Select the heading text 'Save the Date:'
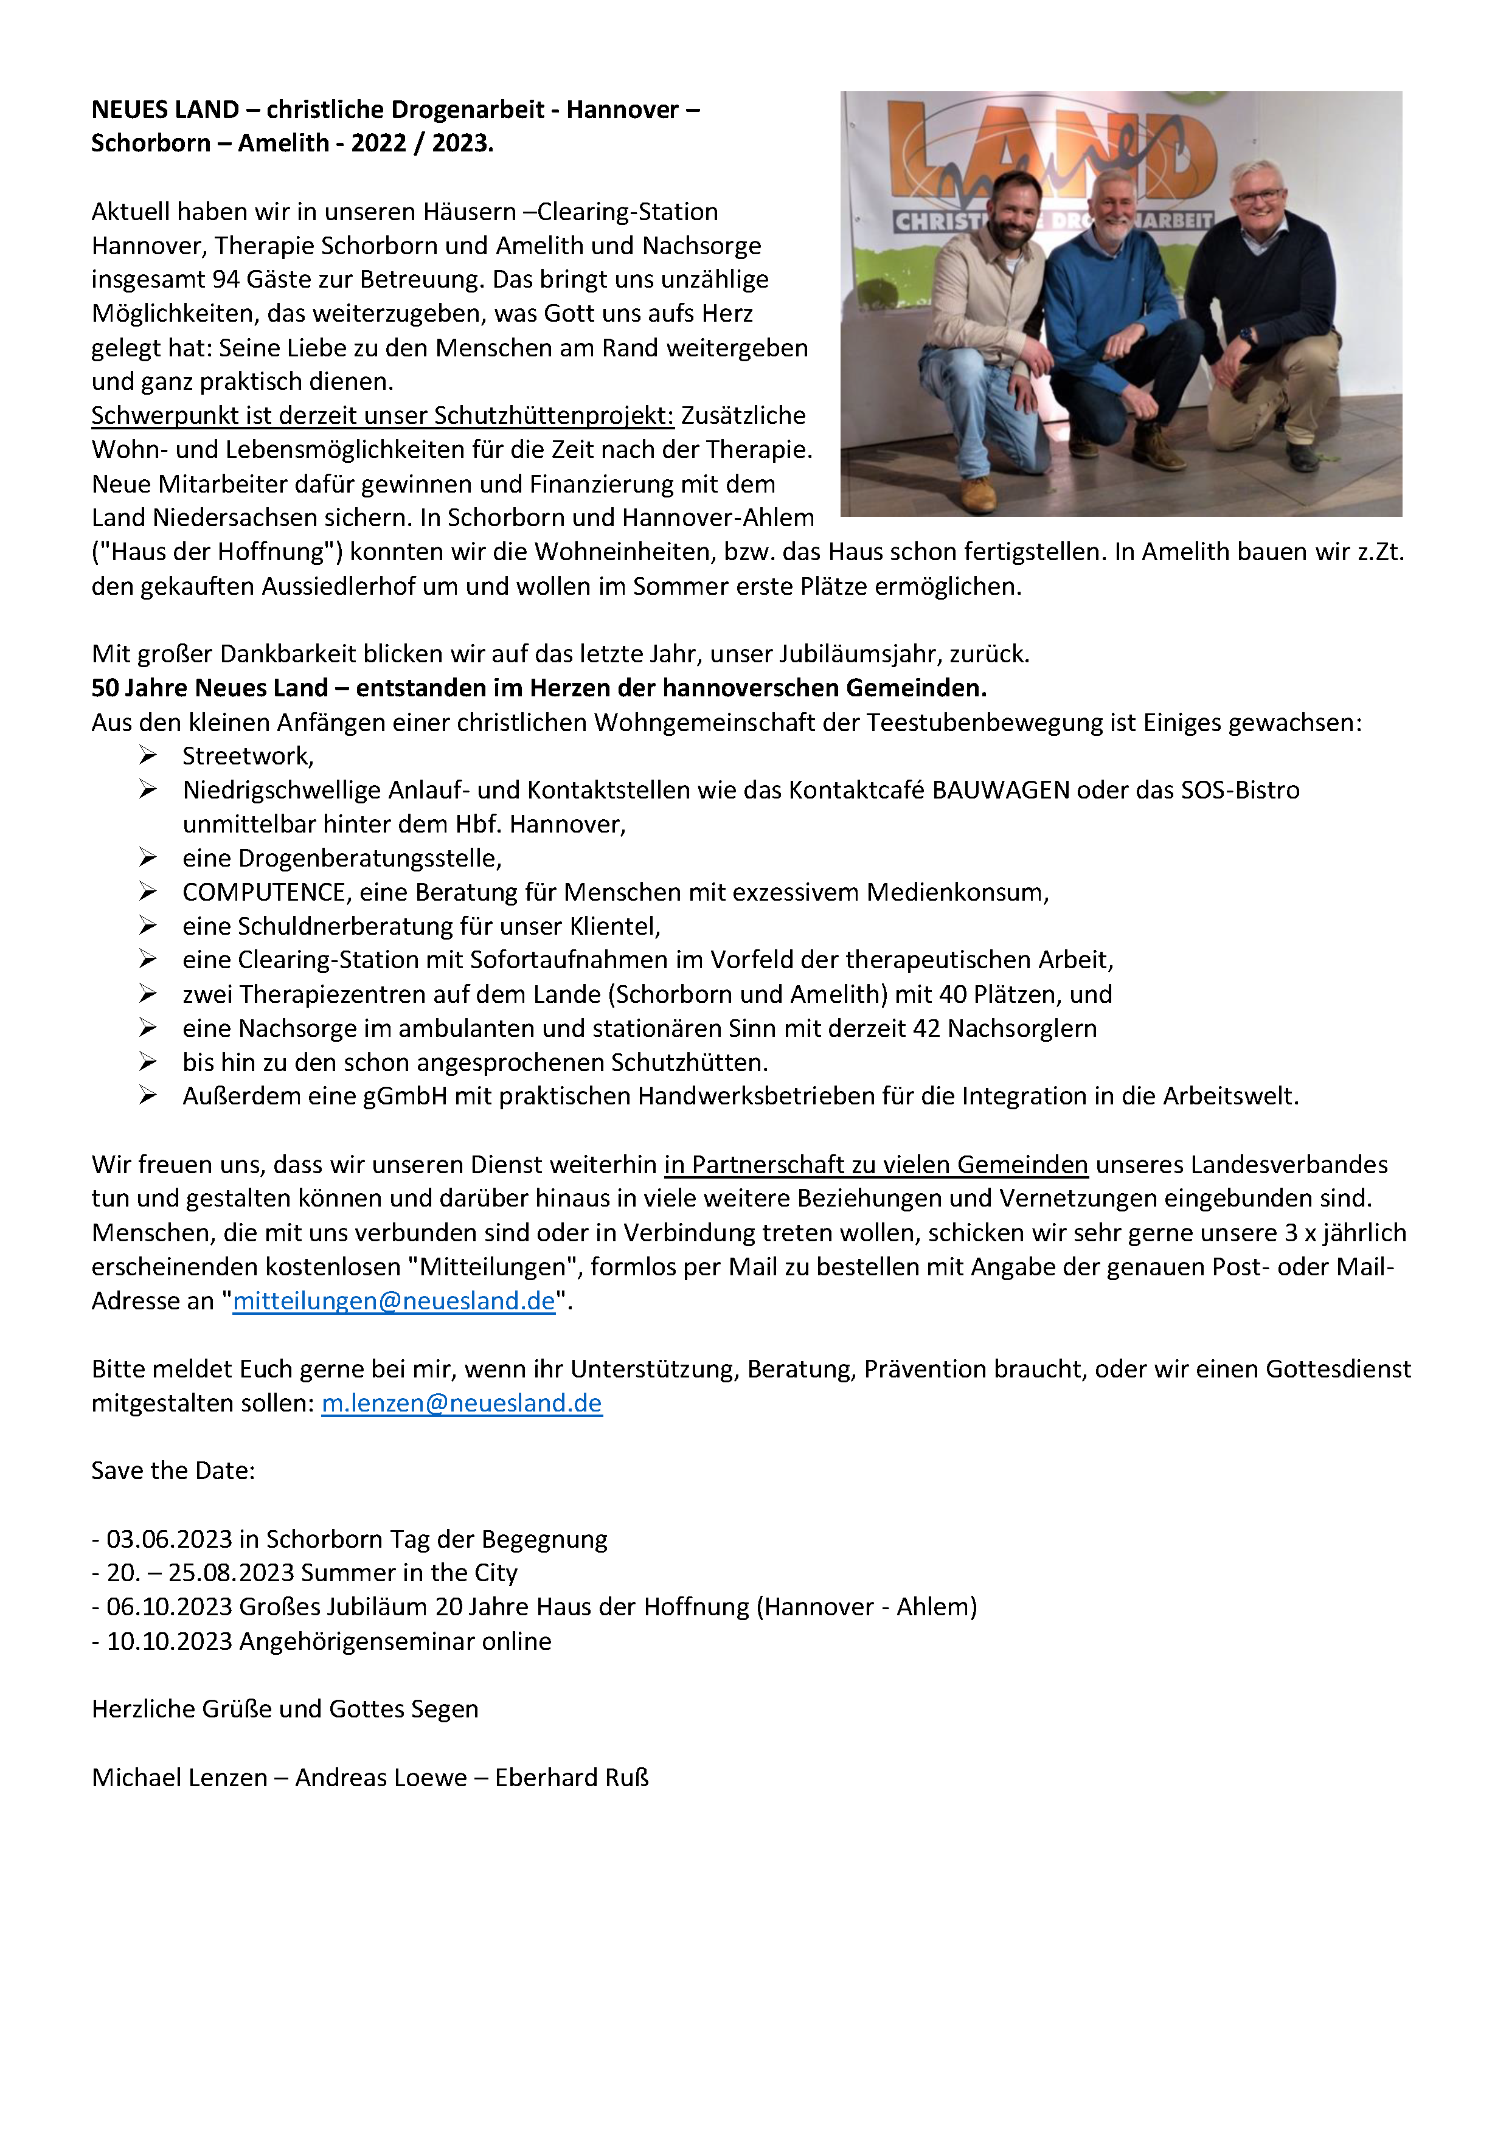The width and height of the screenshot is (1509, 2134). (x=173, y=1471)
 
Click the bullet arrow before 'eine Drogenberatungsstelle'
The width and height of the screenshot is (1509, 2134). (x=148, y=857)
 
